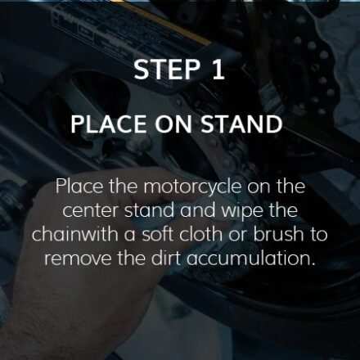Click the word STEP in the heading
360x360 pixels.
click(x=167, y=70)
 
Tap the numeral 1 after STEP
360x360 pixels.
click(x=218, y=70)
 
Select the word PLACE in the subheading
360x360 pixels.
click(x=109, y=124)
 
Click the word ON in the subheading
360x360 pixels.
click(x=175, y=124)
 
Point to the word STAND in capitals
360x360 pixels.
click(x=242, y=124)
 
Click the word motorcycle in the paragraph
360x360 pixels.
click(x=192, y=187)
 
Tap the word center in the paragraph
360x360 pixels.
click(x=92, y=211)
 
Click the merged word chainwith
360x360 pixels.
click(x=75, y=234)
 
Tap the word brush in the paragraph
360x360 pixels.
click(x=278, y=234)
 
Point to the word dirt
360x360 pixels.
click(x=166, y=258)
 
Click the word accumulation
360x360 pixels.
click(x=251, y=258)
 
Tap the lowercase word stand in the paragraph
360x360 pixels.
click(x=150, y=210)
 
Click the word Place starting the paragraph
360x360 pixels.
click(x=79, y=187)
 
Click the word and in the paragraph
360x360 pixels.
click(x=198, y=210)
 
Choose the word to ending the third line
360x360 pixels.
click(x=318, y=235)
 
